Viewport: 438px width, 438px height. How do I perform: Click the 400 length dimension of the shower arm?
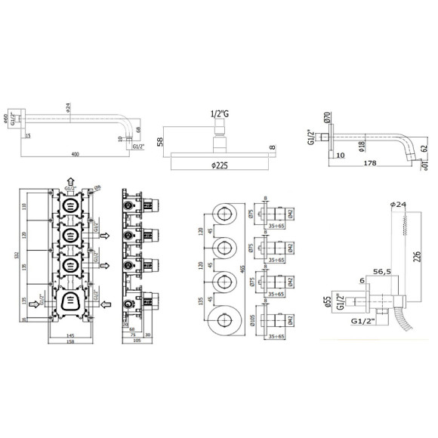tap(74, 155)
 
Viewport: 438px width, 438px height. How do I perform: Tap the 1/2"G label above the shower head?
tap(219, 114)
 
